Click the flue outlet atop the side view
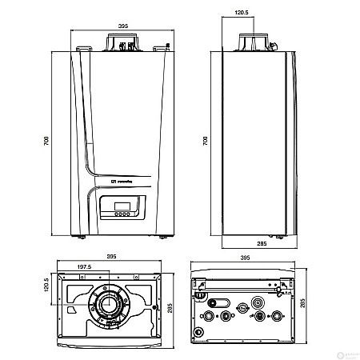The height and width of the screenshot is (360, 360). (254, 42)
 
